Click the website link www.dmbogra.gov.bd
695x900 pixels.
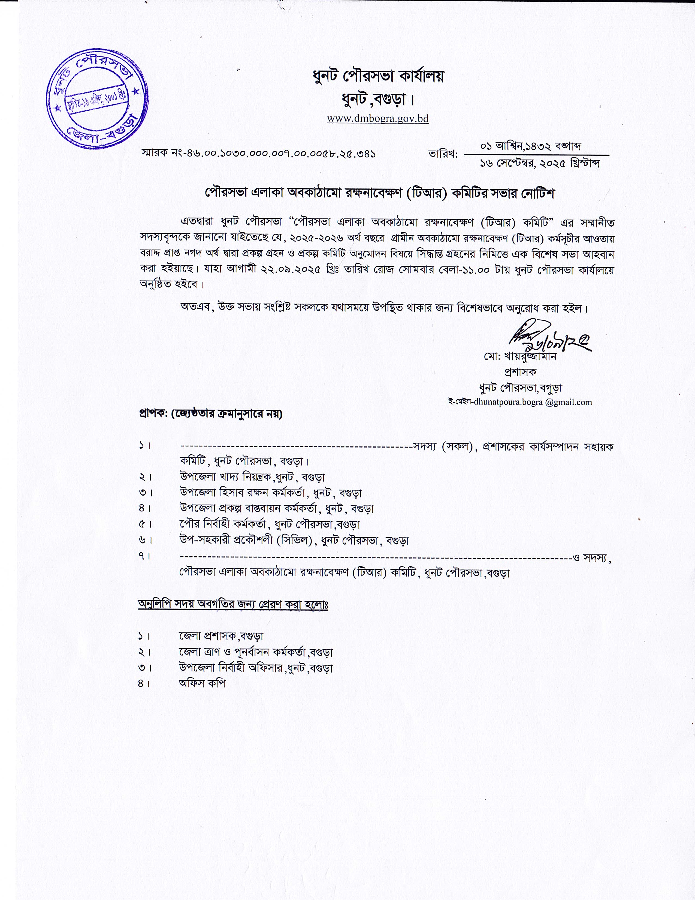click(377, 119)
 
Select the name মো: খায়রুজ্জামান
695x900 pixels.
click(520, 356)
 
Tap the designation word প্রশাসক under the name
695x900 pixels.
click(520, 372)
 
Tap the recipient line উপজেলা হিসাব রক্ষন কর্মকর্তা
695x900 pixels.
click(271, 493)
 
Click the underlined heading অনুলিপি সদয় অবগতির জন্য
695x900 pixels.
click(233, 604)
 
